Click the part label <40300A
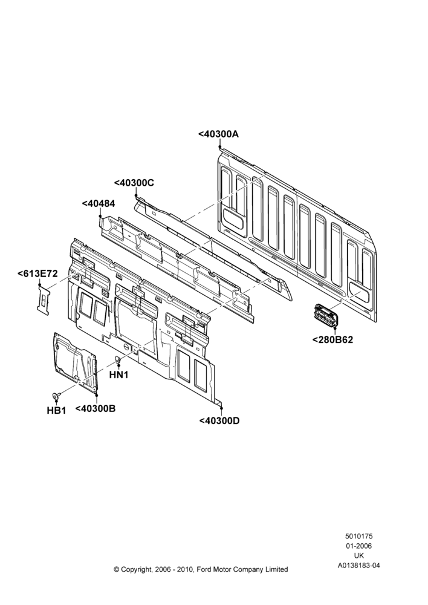pos(219,134)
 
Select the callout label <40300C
pos(134,183)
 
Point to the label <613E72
pos(37,273)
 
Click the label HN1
pos(118,374)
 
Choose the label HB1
pos(56,411)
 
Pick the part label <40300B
pos(96,408)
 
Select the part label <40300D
pos(219,420)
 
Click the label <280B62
pos(332,340)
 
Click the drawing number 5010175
pos(358,536)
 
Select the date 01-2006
pos(358,546)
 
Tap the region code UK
pos(359,555)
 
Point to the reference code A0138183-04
pos(359,566)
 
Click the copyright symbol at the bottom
pos(117,569)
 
